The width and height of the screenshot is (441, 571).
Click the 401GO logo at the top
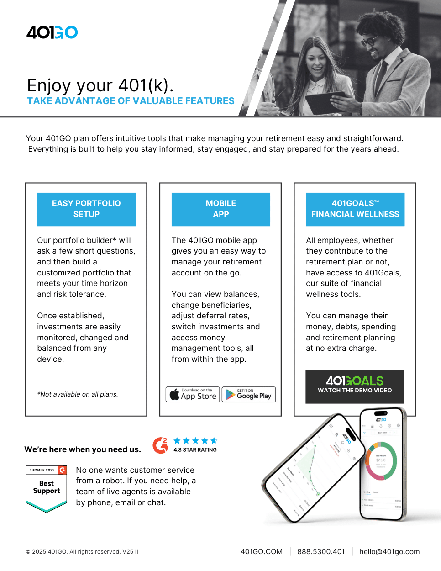point(52,32)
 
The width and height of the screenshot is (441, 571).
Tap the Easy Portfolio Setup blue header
point(86,209)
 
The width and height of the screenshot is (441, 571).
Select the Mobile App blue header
point(220,209)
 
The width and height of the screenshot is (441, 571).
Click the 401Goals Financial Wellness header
point(355,209)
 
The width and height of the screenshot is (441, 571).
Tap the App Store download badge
point(193,394)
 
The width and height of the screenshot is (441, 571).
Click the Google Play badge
point(249,394)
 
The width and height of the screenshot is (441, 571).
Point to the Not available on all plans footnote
point(78,394)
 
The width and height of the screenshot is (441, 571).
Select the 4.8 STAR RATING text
point(195,450)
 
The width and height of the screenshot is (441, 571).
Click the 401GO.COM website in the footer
point(262,552)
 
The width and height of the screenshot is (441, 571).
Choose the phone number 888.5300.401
point(321,552)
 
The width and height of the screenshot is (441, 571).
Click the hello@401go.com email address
point(389,552)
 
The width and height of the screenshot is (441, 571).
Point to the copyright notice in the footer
point(82,552)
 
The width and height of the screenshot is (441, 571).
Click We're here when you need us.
point(83,449)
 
